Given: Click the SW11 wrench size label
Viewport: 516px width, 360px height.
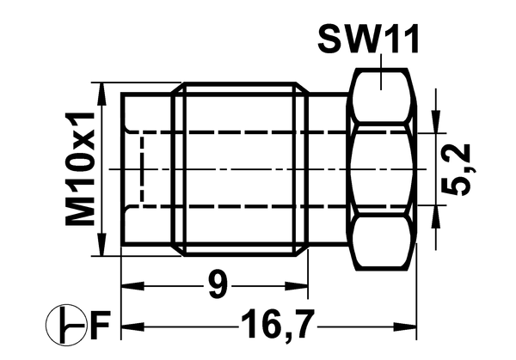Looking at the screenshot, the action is (368, 39).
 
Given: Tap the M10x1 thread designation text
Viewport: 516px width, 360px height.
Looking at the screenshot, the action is (80, 168).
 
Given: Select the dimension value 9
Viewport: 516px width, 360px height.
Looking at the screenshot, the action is (218, 284).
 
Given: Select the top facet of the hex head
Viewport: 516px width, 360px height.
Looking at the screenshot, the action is (381, 95).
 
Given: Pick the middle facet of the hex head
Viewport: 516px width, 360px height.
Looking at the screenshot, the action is (381, 169).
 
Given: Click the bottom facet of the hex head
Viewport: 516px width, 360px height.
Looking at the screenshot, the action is (381, 242).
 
